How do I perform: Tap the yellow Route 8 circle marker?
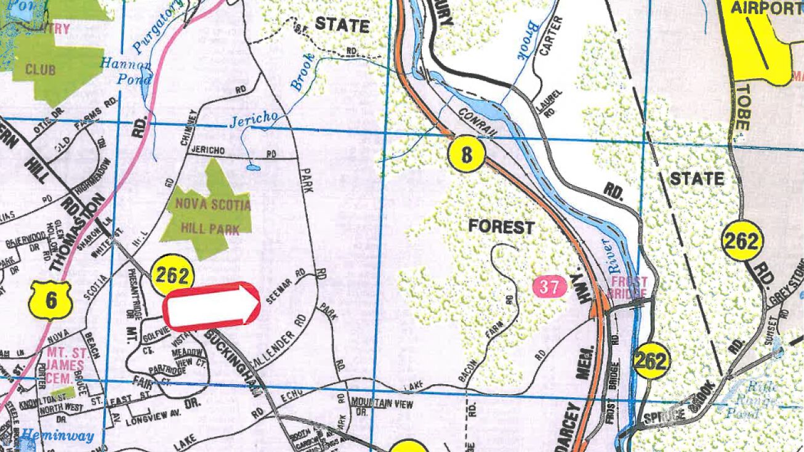coord(466,155)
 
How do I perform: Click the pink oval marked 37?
coord(549,287)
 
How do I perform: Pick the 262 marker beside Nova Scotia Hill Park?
coord(171,274)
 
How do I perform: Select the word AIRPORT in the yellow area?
coord(765,8)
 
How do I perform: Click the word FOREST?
coord(501,227)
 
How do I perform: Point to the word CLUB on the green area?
coord(40,70)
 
